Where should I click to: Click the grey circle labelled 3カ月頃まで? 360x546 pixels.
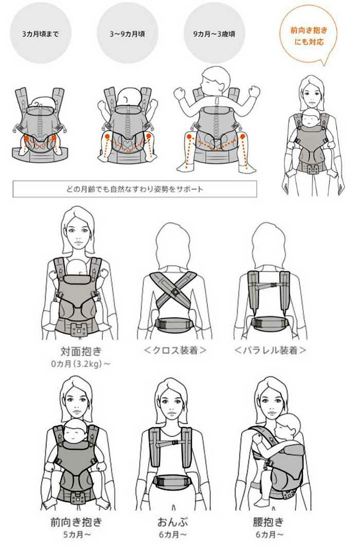[x=41, y=33]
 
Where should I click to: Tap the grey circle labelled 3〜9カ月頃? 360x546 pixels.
[x=128, y=33]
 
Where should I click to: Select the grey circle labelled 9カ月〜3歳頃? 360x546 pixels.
[x=214, y=33]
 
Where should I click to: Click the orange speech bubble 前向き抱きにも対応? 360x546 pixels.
[x=309, y=35]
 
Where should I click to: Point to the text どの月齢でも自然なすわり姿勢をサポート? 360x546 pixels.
[x=135, y=189]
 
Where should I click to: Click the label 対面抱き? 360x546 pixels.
[x=81, y=351]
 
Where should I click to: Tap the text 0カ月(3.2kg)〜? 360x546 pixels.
[x=81, y=364]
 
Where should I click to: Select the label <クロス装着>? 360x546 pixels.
[x=175, y=350]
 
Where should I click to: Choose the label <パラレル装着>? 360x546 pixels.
[x=270, y=350]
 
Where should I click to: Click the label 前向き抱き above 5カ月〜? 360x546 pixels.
[x=77, y=522]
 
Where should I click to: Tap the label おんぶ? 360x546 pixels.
[x=173, y=522]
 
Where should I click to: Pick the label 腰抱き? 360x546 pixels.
[x=268, y=522]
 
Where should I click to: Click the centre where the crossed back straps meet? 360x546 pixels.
[x=175, y=291]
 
